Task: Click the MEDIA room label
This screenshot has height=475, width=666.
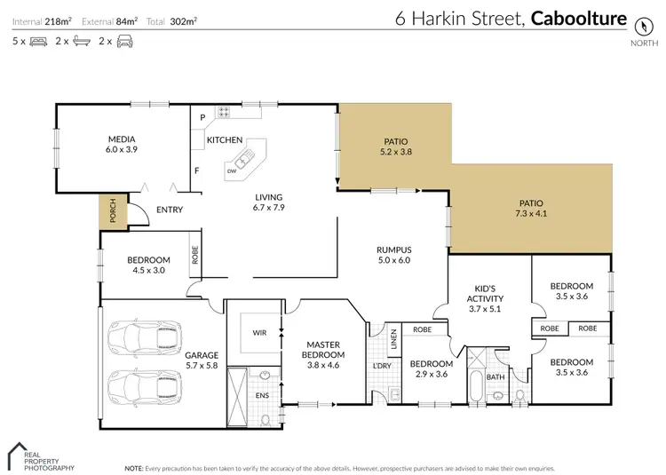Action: pyautogui.click(x=122, y=139)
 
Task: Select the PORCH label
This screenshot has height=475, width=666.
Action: pyautogui.click(x=112, y=210)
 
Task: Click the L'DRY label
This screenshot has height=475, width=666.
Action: pyautogui.click(x=383, y=367)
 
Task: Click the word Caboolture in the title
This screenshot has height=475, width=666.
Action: pyautogui.click(x=578, y=19)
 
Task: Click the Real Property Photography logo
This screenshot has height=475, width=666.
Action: pyautogui.click(x=40, y=455)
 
